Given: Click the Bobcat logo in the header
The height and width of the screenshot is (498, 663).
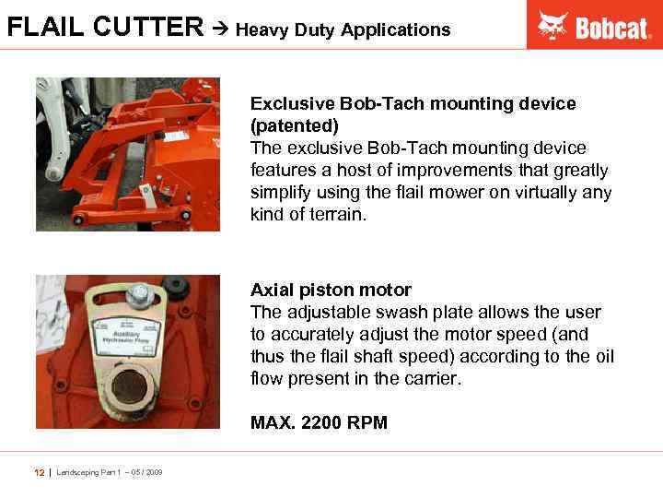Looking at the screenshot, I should point(594,25).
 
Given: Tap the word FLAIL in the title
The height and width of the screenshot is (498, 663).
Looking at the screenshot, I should point(40,28).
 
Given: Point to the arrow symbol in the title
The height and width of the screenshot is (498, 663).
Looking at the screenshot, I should point(221,29).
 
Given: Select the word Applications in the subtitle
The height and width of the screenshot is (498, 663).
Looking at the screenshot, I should point(395,30).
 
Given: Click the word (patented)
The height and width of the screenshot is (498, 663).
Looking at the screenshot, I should point(295,125).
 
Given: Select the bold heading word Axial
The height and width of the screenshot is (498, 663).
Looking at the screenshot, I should point(273,290).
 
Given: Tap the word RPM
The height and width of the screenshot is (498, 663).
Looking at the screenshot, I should point(367,423).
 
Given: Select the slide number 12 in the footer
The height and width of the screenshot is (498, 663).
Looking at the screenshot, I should point(40,472).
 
